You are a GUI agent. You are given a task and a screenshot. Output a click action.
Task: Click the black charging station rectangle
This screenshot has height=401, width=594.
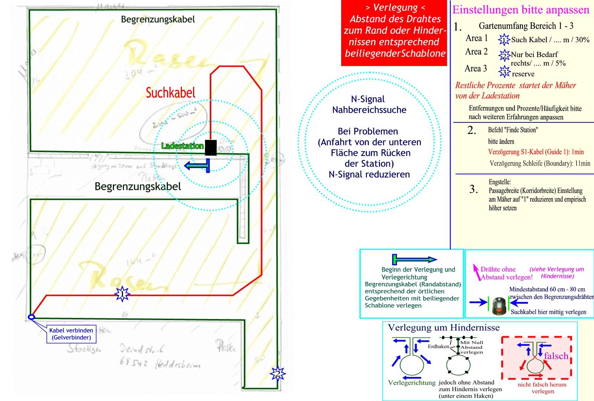[210, 147]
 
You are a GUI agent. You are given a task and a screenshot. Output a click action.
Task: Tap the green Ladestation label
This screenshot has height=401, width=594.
[182, 146]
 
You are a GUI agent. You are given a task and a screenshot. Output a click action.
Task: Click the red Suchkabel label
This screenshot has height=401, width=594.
[170, 93]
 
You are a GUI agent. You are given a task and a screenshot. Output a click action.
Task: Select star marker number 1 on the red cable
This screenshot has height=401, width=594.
[122, 295]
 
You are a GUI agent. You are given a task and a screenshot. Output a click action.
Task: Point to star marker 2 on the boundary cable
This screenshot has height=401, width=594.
[277, 374]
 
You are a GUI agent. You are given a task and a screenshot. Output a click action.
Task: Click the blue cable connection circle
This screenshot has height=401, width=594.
[32, 317]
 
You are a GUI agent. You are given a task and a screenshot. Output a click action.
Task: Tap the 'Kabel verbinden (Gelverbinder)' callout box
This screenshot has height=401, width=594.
[71, 334]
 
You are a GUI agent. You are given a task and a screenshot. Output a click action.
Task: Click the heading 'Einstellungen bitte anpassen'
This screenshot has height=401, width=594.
[520, 10]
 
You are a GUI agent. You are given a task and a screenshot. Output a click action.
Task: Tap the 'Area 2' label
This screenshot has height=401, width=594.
[476, 52]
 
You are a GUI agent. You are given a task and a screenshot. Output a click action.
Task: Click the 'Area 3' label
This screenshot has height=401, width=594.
[476, 69]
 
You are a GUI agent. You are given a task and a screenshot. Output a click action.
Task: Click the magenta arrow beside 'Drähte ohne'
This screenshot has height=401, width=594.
[476, 272]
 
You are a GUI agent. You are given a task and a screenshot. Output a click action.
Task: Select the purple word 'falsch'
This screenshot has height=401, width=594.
[556, 356]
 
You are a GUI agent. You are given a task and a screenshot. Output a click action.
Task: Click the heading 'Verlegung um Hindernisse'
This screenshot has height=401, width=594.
[444, 328]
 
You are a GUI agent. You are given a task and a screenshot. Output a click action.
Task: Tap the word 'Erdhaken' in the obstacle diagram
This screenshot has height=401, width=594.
[438, 346]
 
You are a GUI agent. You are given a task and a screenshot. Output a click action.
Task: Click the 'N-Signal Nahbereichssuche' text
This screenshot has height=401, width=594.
[369, 105]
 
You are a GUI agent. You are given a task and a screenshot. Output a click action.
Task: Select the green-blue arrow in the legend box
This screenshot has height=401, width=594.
[414, 259]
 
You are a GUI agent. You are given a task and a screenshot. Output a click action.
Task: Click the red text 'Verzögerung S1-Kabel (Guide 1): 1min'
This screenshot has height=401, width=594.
[536, 152]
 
